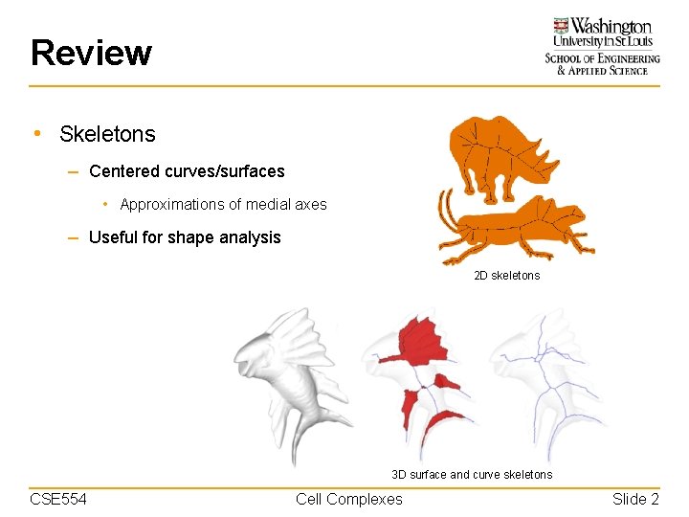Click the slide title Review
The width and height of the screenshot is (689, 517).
[x=91, y=53]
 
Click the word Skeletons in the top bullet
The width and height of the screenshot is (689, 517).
[x=107, y=135]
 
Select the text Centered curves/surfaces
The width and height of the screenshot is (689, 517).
[x=187, y=172]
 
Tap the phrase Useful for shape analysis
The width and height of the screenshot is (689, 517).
[x=185, y=237]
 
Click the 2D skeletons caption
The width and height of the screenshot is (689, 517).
[x=506, y=276]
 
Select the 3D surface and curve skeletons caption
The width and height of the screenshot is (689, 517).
[x=472, y=475]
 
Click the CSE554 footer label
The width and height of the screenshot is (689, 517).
[x=58, y=499]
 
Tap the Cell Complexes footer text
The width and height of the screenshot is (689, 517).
[x=349, y=499]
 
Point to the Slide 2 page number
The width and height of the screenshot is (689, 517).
[x=635, y=499]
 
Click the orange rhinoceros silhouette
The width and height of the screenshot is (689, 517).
[x=493, y=153]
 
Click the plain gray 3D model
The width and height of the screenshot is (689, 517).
[x=287, y=378]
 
